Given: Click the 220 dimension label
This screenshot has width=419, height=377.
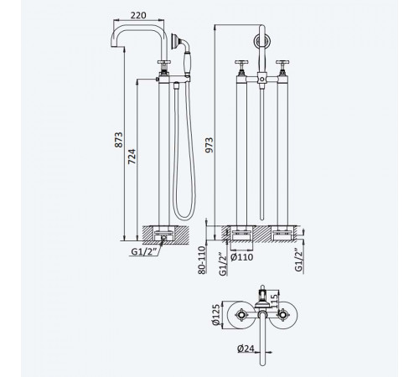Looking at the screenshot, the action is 138,15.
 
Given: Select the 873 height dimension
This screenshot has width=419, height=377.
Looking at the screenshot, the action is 119,140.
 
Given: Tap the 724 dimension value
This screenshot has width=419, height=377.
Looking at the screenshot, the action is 132,157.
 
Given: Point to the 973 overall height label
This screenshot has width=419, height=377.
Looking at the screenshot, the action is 209,145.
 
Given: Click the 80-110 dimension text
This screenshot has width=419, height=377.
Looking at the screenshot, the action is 202,260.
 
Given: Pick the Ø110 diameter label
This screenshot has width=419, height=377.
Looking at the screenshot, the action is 242,257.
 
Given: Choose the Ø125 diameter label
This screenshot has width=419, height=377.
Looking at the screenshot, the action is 216,314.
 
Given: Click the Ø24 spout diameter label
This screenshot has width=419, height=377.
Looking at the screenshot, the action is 246,349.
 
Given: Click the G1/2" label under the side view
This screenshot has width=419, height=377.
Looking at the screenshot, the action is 143,251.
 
